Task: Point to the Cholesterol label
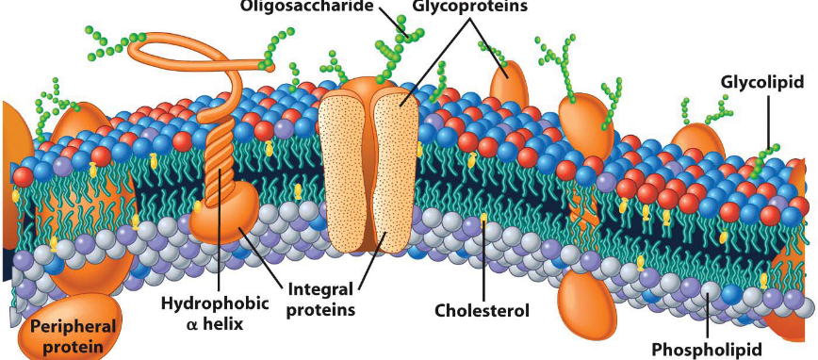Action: pyautogui.click(x=483, y=309)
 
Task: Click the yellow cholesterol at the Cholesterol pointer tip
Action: pyautogui.click(x=483, y=219)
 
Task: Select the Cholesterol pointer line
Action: pyautogui.click(x=483, y=264)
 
